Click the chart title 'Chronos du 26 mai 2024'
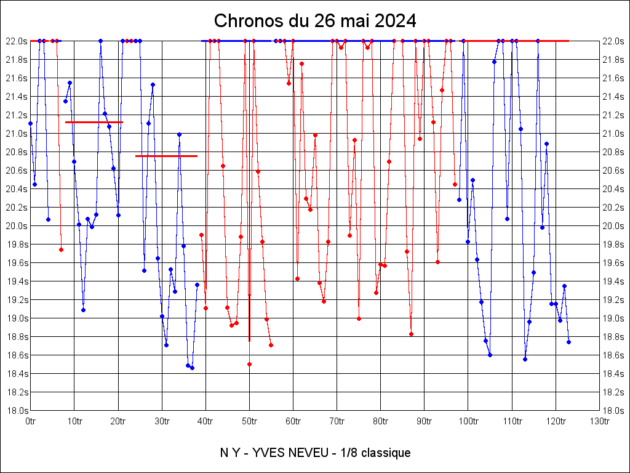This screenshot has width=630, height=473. click(315, 21)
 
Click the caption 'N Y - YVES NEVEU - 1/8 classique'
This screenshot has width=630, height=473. click(315, 453)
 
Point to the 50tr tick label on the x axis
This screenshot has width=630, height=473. click(249, 421)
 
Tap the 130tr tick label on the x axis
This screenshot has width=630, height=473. click(599, 421)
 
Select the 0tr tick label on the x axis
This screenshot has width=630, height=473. click(30, 421)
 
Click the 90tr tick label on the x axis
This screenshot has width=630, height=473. click(424, 421)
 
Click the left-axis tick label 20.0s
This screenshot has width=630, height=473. click(17, 226)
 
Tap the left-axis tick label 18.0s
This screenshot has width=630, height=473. click(17, 411)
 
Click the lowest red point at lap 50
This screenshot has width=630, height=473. click(249, 364)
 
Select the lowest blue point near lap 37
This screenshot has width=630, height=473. click(192, 368)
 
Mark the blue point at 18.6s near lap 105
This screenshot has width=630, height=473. click(490, 355)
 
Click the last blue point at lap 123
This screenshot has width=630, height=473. click(568, 342)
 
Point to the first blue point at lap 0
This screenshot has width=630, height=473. click(30, 124)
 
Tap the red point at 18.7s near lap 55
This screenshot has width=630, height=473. click(271, 345)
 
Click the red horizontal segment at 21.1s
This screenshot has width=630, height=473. click(94, 123)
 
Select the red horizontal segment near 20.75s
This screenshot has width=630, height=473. click(166, 156)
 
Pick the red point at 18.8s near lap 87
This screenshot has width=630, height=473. click(411, 334)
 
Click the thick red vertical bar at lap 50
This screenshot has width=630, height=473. click(249, 317)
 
